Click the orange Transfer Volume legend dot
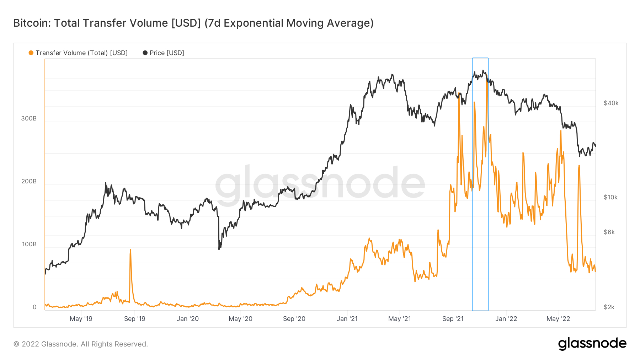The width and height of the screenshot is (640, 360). [31, 53]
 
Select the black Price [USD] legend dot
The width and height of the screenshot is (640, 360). [145, 53]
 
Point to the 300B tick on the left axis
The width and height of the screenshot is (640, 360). [29, 118]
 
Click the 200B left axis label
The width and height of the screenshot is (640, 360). [29, 181]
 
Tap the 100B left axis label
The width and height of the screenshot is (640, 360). [29, 244]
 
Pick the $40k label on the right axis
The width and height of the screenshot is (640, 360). [611, 103]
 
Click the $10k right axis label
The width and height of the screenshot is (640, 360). [610, 197]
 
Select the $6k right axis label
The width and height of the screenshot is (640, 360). [609, 232]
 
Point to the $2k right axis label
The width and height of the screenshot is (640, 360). [609, 307]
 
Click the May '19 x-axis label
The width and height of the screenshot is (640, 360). [81, 319]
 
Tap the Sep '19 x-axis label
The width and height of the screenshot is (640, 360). [135, 319]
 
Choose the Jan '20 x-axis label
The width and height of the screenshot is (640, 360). [188, 319]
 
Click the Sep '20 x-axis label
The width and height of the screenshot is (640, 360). [294, 319]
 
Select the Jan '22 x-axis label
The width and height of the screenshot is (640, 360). [506, 319]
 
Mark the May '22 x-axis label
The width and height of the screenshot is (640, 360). [558, 319]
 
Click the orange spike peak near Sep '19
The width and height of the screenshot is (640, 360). [130, 250]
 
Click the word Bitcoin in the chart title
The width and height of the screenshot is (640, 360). [32, 23]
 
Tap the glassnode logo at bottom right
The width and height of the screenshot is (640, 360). [592, 344]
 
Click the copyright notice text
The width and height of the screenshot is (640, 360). [81, 344]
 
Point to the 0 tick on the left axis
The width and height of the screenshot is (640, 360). [34, 307]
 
